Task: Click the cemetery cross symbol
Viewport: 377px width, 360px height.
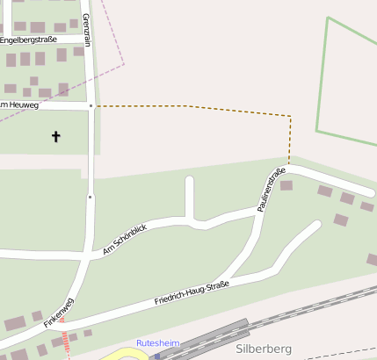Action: [x=56, y=136]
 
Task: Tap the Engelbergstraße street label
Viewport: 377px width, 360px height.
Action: [x=28, y=40]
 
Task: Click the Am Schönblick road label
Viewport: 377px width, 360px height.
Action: [x=125, y=240]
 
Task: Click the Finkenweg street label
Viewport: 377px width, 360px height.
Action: [x=60, y=313]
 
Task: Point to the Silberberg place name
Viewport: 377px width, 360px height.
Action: [x=263, y=349]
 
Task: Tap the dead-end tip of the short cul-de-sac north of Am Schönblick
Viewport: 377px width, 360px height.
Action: [x=189, y=181]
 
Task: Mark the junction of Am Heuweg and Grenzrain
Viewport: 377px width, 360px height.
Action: [x=91, y=105]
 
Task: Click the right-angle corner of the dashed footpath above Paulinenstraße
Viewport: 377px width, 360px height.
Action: [x=289, y=116]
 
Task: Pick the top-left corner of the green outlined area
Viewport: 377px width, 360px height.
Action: [x=327, y=18]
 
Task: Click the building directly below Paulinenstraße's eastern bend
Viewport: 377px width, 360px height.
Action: [x=286, y=185]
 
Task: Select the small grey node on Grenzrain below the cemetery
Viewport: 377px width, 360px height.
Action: [x=90, y=198]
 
